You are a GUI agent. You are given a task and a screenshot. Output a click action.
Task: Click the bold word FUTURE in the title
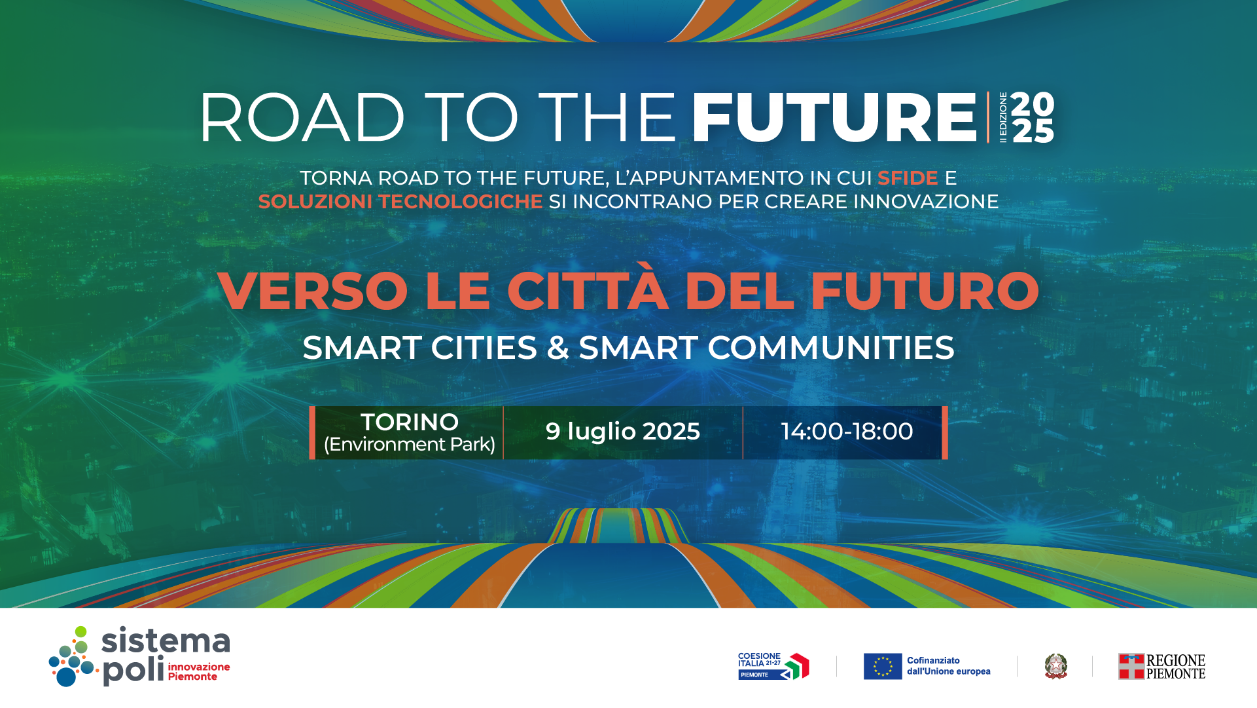(834, 117)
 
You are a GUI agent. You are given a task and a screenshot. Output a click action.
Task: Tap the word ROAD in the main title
(302, 117)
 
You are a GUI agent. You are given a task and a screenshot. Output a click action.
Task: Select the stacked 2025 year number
(1033, 117)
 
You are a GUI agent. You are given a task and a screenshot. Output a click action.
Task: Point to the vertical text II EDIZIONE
(1003, 117)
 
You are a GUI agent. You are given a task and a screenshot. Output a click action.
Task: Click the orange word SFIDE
(908, 178)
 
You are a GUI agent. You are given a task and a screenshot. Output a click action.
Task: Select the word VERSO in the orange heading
(313, 291)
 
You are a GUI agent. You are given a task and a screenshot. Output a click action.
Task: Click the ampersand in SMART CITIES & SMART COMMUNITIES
(558, 348)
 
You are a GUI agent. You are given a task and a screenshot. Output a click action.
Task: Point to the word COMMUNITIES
(831, 348)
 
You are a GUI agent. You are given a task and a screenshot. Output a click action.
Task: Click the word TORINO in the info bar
(410, 422)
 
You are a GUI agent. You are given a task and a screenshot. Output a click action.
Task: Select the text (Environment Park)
(410, 445)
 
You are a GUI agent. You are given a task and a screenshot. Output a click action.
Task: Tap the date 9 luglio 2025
(623, 432)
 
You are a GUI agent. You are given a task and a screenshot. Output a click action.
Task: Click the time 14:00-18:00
(847, 432)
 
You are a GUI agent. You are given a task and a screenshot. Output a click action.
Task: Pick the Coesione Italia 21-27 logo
(773, 666)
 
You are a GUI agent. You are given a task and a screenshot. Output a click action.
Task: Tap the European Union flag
(883, 666)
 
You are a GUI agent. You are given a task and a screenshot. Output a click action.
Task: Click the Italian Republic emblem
(1055, 666)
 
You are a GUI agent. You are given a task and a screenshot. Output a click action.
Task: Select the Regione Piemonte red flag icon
(1131, 666)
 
